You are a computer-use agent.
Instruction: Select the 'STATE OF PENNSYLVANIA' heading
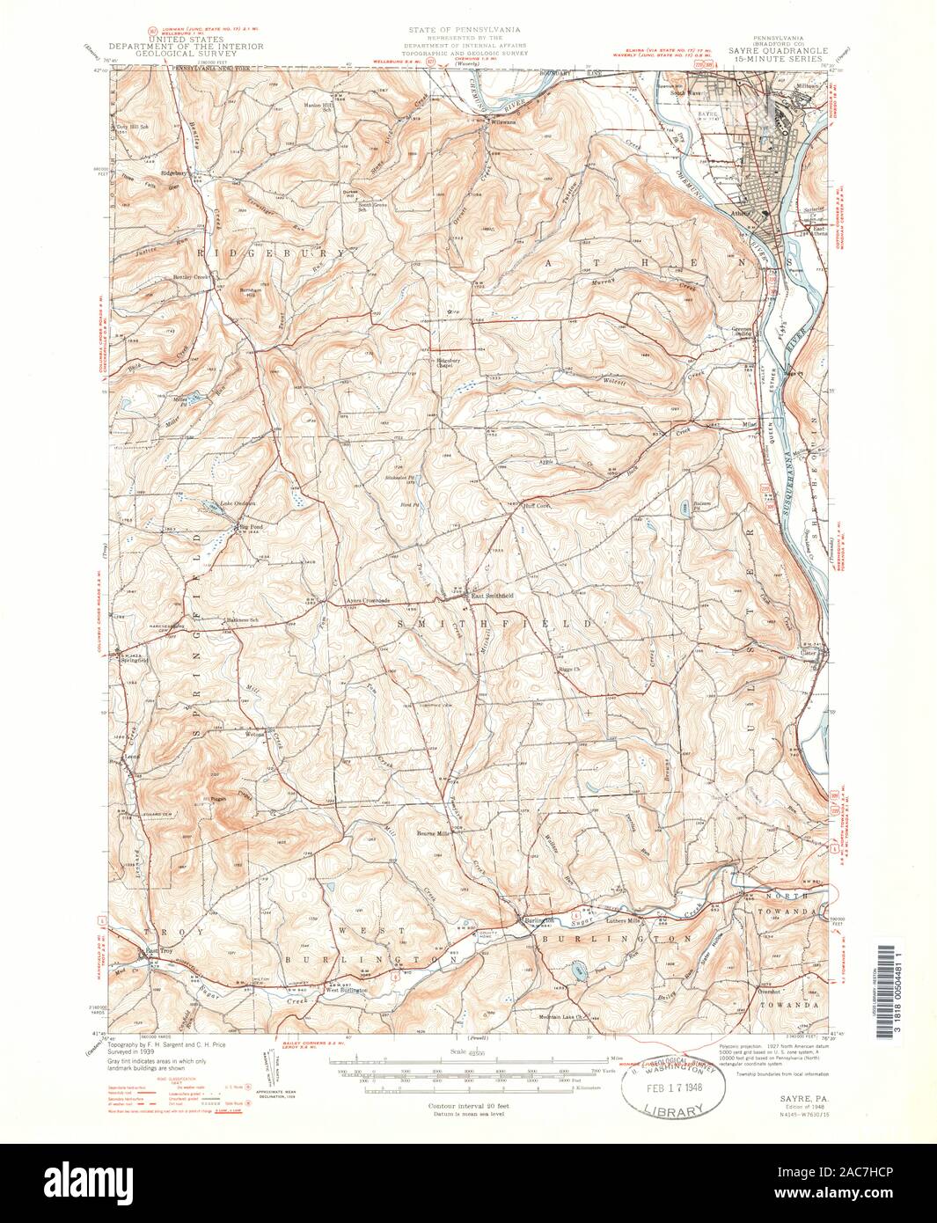tap(467, 33)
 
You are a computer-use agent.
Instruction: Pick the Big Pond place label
tap(252, 528)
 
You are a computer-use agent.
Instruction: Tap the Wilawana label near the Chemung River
tap(504, 121)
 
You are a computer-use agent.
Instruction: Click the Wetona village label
tap(255, 733)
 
